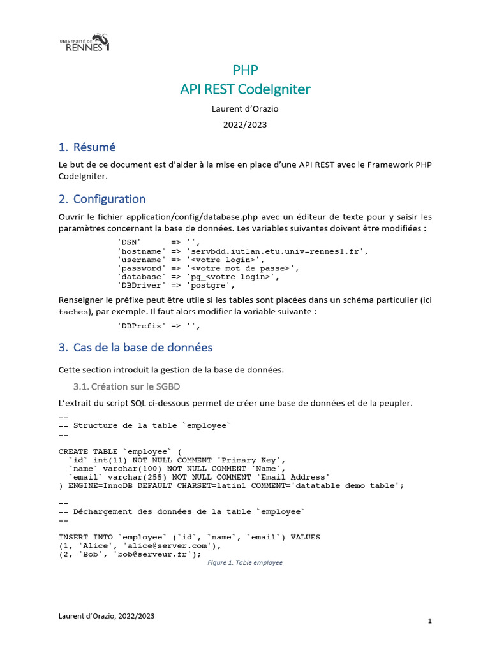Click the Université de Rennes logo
coord(84,43)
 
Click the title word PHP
coord(245,70)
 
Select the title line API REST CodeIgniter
coord(245,89)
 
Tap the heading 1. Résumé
coord(87,147)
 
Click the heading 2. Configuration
coord(102,199)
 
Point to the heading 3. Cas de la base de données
coord(135,348)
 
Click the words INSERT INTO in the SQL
coord(83,537)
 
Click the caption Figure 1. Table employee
coord(245,563)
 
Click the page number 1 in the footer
coord(430,620)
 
